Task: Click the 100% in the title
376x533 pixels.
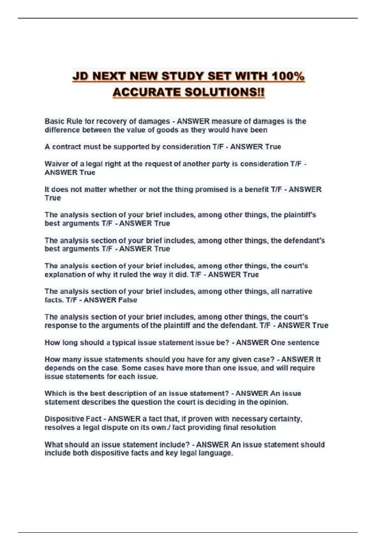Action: [x=288, y=76]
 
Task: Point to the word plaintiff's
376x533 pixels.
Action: [x=300, y=215]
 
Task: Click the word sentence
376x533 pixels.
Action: [x=303, y=343]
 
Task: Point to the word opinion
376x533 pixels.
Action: [x=274, y=402]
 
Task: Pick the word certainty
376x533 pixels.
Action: [x=287, y=419]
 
